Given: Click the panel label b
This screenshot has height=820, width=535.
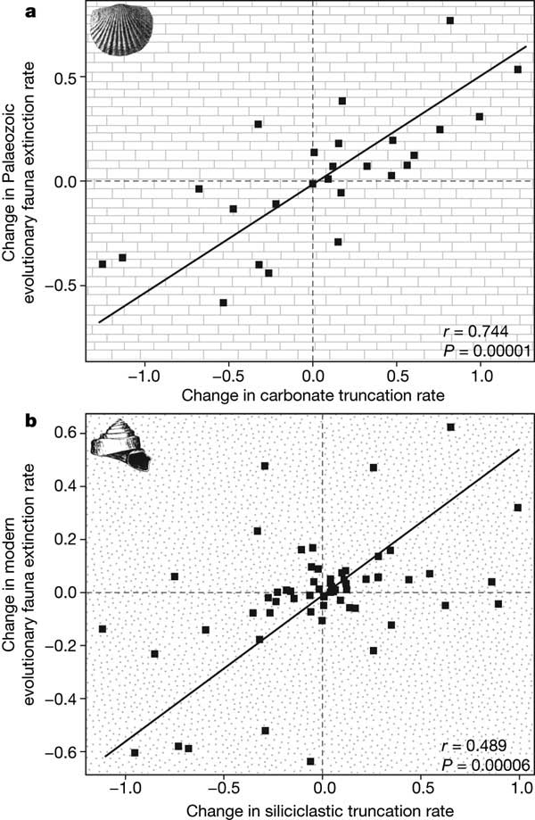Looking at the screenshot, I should [x=6, y=417].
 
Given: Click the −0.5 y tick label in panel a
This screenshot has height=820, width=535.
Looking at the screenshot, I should [x=61, y=285].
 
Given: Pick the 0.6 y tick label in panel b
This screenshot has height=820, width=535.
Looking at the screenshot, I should [x=66, y=434].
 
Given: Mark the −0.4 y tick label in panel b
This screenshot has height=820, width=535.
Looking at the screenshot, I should [x=61, y=698].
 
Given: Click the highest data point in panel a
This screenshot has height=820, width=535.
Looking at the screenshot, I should [x=450, y=20].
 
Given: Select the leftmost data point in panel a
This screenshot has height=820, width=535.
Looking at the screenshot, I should [x=103, y=264].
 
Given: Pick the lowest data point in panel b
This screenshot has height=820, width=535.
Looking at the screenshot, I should [x=310, y=761].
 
